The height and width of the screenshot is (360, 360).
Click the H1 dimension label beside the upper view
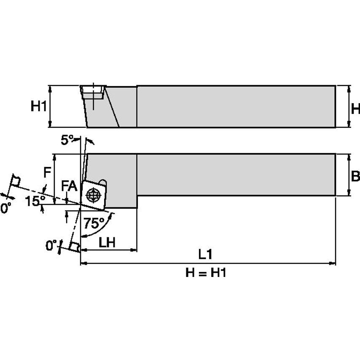(39, 107)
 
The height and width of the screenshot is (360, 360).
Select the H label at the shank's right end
(355, 109)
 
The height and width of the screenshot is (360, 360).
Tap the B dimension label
(355, 176)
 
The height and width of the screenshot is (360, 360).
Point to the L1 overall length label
(205, 254)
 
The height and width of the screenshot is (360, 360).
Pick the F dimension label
(48, 172)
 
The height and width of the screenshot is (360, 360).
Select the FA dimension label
(69, 186)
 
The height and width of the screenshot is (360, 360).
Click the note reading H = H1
(206, 273)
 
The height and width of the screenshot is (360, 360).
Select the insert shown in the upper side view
(92, 92)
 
